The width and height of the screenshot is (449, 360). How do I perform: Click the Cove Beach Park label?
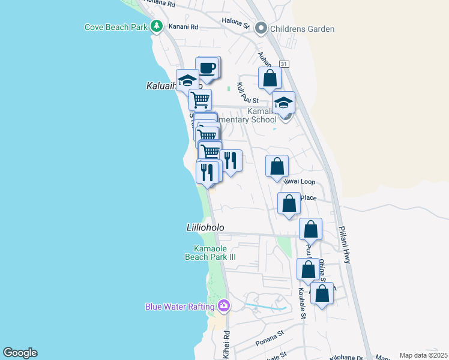pos(116,27)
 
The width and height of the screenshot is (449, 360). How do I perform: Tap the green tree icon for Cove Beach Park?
pos(156,26)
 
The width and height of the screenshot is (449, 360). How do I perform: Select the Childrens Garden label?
pos(302,29)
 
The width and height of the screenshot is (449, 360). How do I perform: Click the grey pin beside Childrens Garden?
pos(261,28)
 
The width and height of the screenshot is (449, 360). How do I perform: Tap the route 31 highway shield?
pos(284,64)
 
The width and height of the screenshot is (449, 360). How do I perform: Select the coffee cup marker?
pos(208,68)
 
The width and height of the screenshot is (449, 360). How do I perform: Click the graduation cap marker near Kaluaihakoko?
pos(188,80)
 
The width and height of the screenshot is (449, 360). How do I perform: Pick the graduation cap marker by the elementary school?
pos(283,103)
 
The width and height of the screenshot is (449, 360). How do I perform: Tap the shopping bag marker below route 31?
pos(270,78)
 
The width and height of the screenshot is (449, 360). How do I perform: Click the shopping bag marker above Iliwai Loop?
pos(277,166)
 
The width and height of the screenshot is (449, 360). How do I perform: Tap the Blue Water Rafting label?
pos(179,307)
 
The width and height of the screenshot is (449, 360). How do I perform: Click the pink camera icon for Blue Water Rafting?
pos(224,306)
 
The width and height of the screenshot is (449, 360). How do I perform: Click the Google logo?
pos(20,353)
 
